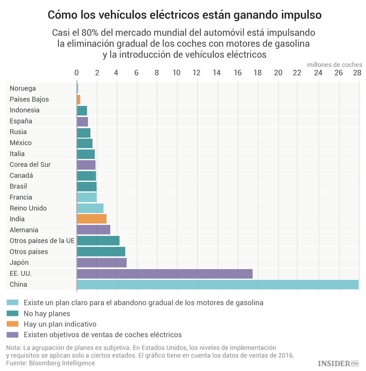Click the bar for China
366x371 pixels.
coord(217,285)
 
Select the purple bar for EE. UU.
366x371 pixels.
coord(164,273)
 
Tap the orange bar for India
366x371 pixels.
coord(91,219)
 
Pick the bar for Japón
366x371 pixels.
coord(102,263)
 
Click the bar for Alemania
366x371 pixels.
coord(93,230)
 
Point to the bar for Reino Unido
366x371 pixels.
coord(90,208)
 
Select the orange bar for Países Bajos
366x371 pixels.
coord(79,99)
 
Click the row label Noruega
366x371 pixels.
coord(22,88)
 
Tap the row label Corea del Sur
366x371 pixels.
coord(30,165)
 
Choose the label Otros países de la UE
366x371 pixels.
coord(42,241)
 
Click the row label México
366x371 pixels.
coord(20,143)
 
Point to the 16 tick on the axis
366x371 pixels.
coord(237,73)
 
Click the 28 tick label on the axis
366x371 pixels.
coord(357,73)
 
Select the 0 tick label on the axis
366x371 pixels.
coord(77,73)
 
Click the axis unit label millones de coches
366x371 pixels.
coord(334,64)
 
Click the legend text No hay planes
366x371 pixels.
coord(47,313)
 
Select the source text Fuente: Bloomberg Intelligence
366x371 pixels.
coord(50,363)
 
